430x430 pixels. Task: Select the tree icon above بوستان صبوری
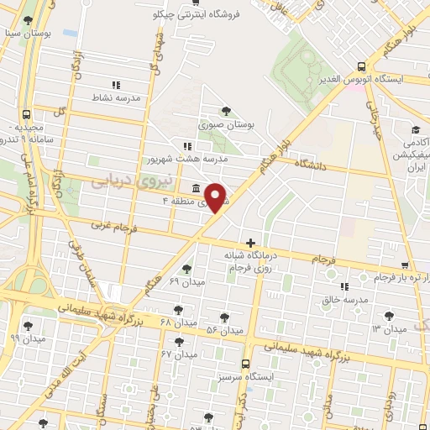pos(225,111)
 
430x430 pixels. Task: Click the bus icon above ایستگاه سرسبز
pos(244,364)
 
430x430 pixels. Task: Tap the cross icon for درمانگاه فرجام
pos(250,242)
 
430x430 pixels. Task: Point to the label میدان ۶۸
pos(177,322)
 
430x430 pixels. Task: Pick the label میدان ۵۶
pos(224,330)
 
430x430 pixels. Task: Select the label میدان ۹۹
pos(26,338)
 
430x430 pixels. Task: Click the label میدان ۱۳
pos(387,328)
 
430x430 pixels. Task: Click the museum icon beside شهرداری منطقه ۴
pos(196,187)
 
